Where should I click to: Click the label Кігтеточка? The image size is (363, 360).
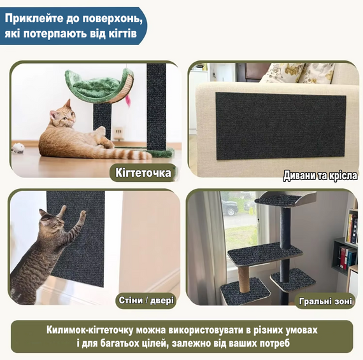tap(143, 172)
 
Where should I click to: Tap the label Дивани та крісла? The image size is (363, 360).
tap(320, 175)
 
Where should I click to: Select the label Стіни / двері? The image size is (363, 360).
tap(146, 299)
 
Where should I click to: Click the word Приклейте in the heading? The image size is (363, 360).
tap(32, 17)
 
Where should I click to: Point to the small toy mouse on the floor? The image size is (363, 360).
tap(18, 148)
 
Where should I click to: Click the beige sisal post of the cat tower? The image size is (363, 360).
tap(245, 275)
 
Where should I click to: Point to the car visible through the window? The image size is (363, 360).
tap(230, 208)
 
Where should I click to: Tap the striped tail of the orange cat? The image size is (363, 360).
tap(131, 153)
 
